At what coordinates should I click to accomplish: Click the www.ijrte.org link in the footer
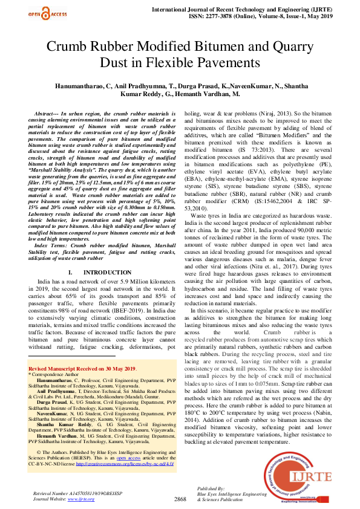[80, 500]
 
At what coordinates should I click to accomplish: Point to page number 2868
[180, 499]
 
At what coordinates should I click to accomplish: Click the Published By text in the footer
[211, 487]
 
